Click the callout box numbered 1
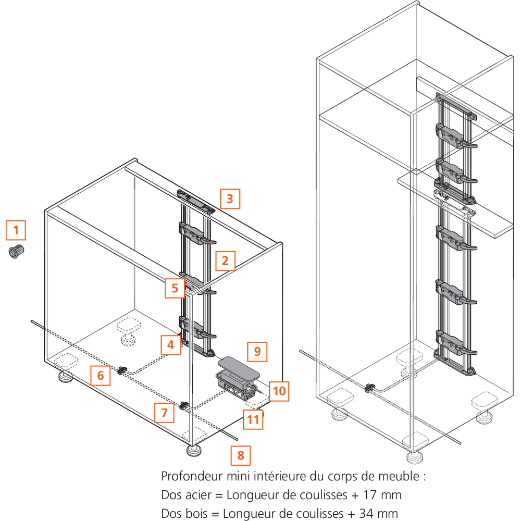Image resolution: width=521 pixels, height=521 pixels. tap(16, 230)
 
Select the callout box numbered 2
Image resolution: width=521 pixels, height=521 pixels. tap(225, 260)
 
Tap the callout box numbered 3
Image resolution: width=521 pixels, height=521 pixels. tap(230, 199)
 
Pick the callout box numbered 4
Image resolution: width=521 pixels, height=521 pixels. tap(170, 344)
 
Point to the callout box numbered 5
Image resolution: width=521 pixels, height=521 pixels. tap(175, 288)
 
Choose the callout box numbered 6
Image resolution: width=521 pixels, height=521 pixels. tap(101, 375)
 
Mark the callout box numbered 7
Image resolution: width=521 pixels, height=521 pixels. tap(165, 413)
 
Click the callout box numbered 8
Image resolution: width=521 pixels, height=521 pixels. tap(241, 455)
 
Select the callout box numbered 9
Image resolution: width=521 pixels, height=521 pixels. tap(257, 351)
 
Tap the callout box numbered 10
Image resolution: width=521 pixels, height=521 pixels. tap(279, 391)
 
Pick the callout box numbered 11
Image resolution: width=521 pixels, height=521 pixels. tap(253, 419)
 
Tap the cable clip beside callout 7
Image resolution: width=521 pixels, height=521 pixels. tap(184, 406)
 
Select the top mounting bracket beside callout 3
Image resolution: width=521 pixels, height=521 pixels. tap(195, 201)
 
